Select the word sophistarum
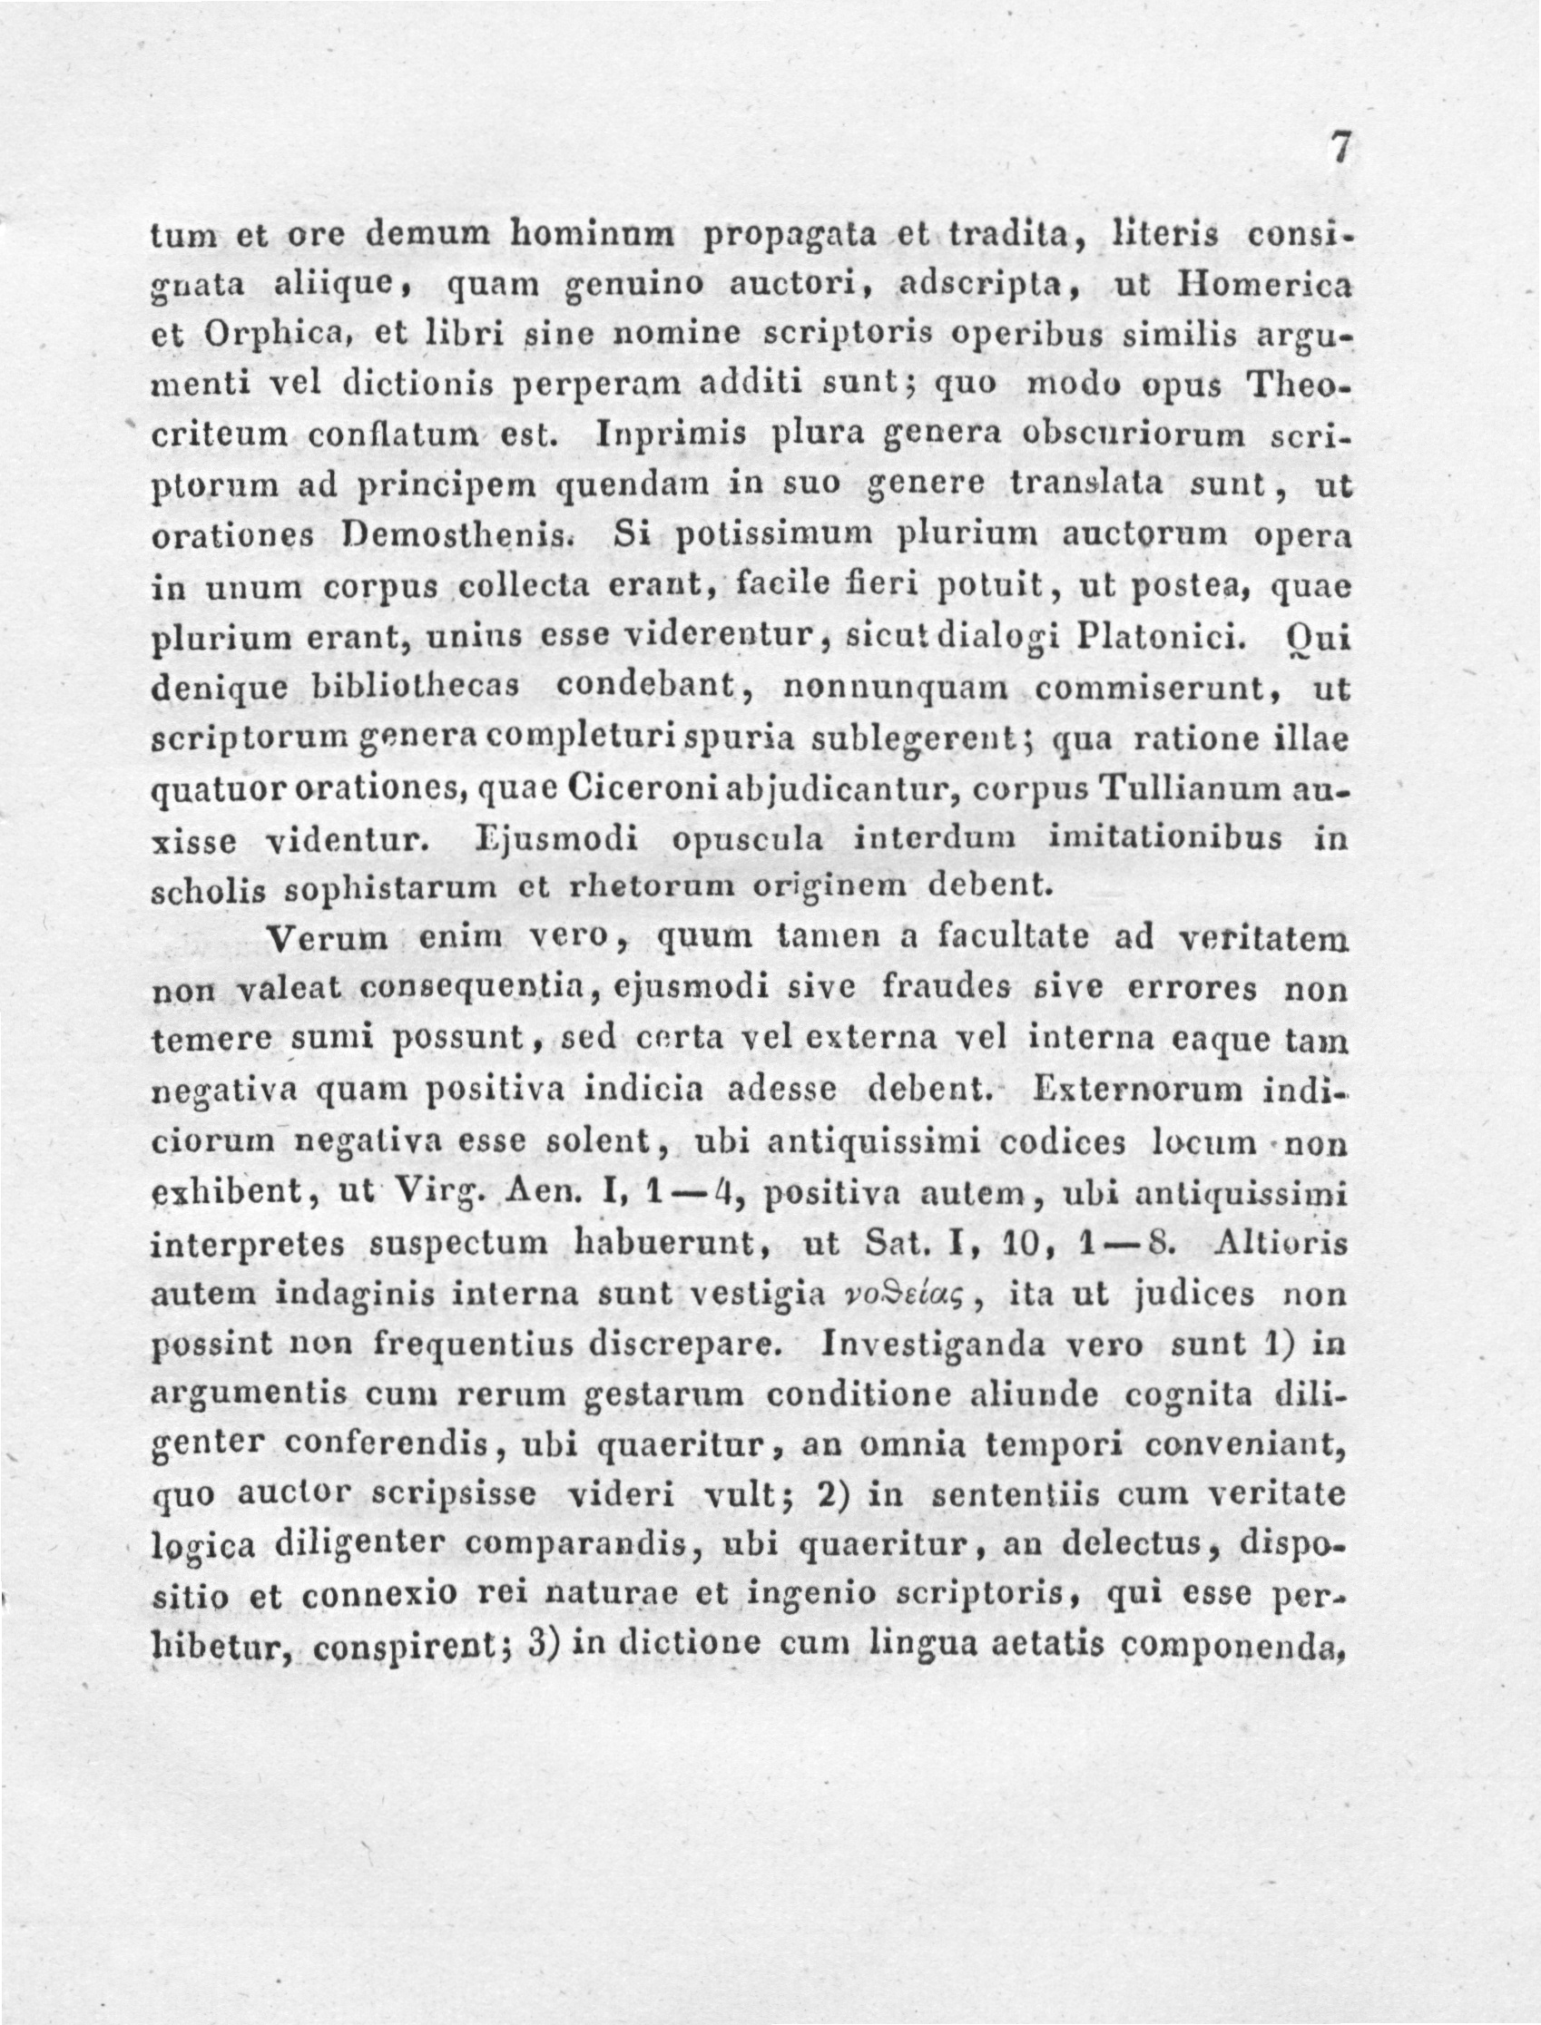click(x=390, y=888)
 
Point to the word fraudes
click(x=947, y=990)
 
